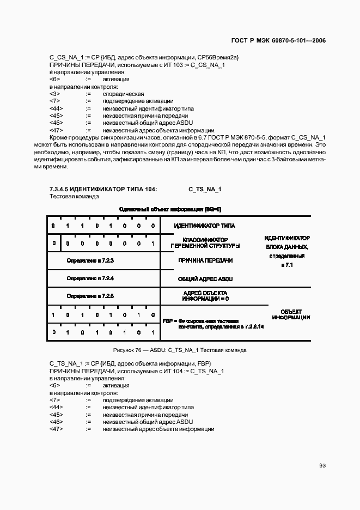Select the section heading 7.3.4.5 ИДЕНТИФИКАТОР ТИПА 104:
coord(103,189)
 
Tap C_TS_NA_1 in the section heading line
coord(205,189)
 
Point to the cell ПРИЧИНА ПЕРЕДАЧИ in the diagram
coord(205,260)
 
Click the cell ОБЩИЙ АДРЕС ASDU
coord(205,278)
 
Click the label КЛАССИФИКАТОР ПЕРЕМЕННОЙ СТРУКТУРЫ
coord(205,243)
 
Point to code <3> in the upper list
coord(54,94)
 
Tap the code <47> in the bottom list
coord(56,429)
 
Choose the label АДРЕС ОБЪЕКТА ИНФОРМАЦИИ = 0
coord(205,296)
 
